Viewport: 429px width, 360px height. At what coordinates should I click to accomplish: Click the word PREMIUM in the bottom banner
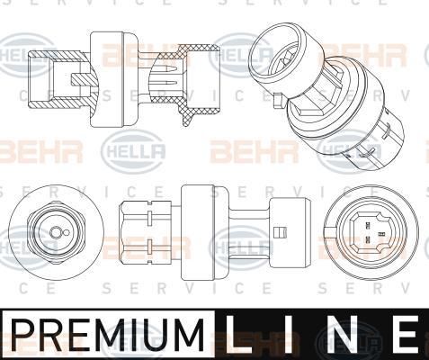107,334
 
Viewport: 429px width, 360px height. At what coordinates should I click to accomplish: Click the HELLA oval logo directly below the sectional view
135,149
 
